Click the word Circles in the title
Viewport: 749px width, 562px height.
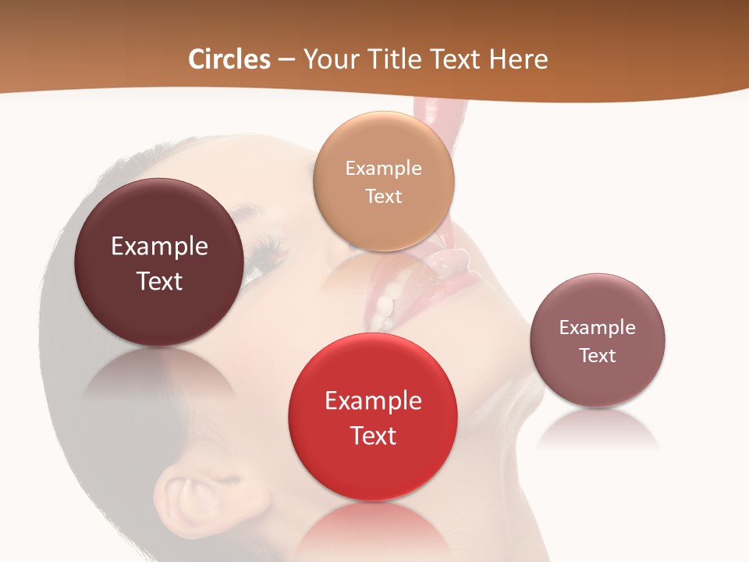229,59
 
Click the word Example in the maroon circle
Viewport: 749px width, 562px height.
159,247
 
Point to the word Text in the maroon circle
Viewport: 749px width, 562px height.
159,281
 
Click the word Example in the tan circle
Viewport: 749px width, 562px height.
383,168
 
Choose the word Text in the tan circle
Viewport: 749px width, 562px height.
383,196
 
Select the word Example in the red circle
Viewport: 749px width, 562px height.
373,401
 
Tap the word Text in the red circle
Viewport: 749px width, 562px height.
373,436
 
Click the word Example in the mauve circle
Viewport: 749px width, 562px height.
597,327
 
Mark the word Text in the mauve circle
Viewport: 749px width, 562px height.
597,355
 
